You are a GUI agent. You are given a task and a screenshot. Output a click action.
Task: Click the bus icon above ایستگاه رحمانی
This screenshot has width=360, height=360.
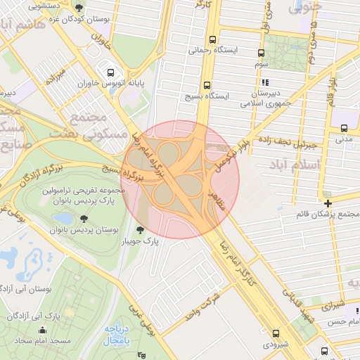pyautogui.click(x=213, y=40)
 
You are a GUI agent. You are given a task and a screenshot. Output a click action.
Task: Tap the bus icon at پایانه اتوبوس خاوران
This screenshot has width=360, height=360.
pyautogui.click(x=110, y=72)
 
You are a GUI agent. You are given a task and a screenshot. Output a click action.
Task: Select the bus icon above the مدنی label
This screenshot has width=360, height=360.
pyautogui.click(x=344, y=129)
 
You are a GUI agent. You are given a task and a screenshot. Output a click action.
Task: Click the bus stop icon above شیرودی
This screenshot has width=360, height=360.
pyautogui.click(x=275, y=334)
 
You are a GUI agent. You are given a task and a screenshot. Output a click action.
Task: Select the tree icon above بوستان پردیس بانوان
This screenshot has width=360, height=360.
pyautogui.click(x=85, y=219)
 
